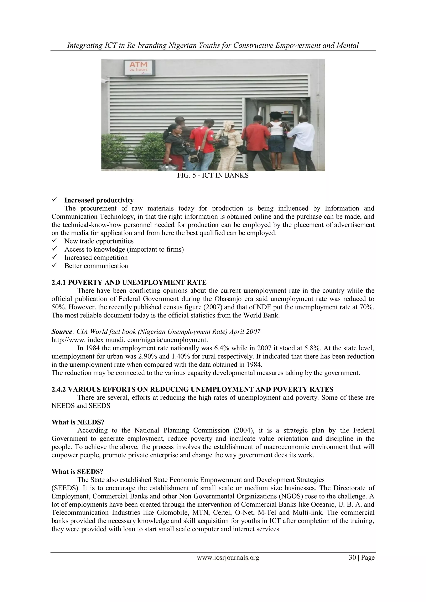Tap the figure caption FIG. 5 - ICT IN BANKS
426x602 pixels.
click(x=213, y=176)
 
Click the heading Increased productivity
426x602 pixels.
click(x=99, y=200)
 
